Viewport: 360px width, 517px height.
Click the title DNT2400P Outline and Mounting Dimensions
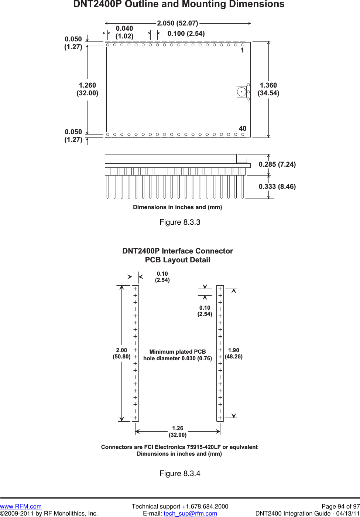coord(179,4)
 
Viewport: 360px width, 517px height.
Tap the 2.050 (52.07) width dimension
coord(178,23)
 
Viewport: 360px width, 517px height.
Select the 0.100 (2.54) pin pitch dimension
coord(186,34)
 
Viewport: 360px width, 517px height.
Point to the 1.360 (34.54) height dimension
coord(268,89)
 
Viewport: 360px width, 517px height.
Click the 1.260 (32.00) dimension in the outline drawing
coord(88,89)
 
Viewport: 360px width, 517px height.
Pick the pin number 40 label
coord(243,129)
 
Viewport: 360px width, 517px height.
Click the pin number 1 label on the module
coord(242,50)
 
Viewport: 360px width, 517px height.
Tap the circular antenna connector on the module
coord(241,92)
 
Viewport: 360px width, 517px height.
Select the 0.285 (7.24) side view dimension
coord(277,164)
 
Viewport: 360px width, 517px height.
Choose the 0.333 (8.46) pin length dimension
coord(277,187)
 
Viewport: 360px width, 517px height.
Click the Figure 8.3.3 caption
coord(180,222)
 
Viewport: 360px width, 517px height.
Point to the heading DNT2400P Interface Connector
coord(178,251)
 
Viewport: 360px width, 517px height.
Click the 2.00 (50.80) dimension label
coord(121,353)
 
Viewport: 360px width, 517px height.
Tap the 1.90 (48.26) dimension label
coord(234,353)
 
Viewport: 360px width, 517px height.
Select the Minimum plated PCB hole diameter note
coord(178,355)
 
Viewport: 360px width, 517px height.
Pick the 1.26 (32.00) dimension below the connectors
coord(178,432)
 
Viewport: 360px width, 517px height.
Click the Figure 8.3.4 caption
coord(180,473)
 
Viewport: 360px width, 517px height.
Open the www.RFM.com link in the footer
coord(21,506)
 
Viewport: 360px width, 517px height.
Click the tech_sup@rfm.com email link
coord(190,513)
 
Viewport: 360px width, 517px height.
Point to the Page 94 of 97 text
coord(340,506)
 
